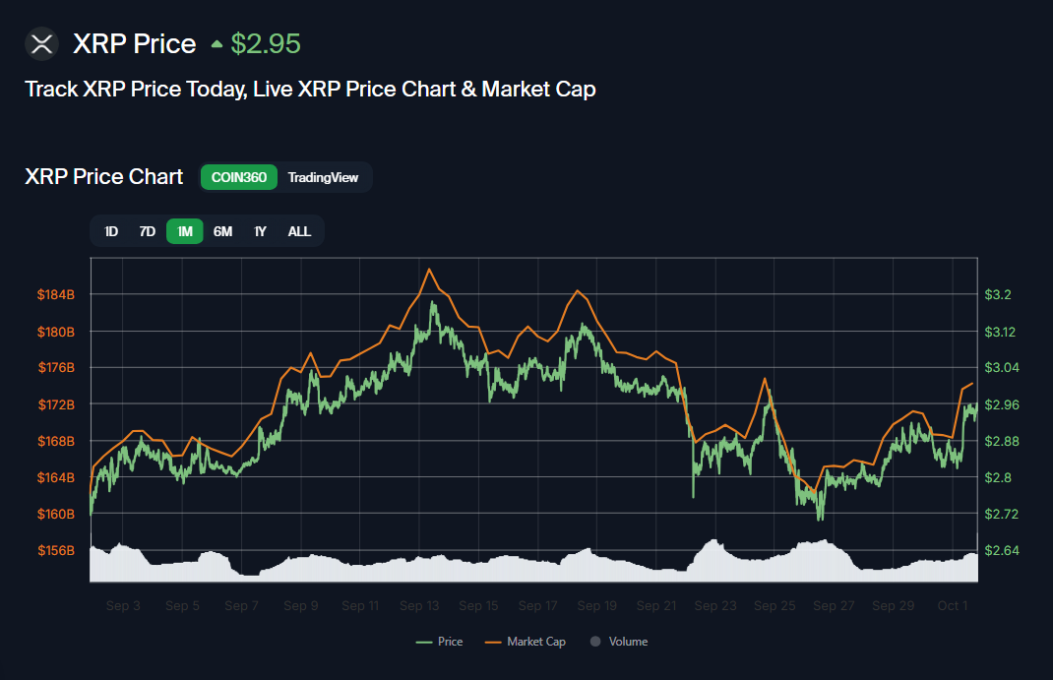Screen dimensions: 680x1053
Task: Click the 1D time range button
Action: point(111,231)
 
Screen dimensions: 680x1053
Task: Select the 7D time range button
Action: point(148,231)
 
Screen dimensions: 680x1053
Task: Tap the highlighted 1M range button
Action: point(185,231)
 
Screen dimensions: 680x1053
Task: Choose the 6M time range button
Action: point(223,231)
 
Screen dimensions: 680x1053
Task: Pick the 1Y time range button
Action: point(260,231)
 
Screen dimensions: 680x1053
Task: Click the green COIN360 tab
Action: point(239,178)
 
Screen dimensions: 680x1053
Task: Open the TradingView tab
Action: point(323,178)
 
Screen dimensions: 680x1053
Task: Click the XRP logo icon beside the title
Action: point(41,44)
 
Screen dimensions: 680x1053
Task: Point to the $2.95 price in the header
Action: point(265,44)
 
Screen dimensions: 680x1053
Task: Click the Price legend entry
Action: point(440,642)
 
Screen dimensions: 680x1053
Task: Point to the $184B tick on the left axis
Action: point(56,295)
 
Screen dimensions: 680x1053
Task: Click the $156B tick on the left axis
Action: point(56,550)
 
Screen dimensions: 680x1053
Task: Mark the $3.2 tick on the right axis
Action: point(999,295)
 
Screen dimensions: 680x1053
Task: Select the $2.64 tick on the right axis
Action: point(1003,550)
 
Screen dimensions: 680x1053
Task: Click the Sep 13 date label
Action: point(419,606)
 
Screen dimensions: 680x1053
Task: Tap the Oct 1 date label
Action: point(953,606)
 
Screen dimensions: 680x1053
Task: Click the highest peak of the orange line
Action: point(429,269)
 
